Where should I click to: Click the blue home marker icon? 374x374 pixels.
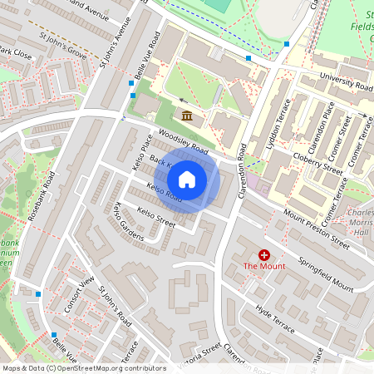[x=187, y=179]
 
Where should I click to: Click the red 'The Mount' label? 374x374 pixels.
[x=264, y=266]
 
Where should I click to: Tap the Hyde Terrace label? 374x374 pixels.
[x=275, y=319]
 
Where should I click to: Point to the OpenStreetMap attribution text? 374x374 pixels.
[x=83, y=367]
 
